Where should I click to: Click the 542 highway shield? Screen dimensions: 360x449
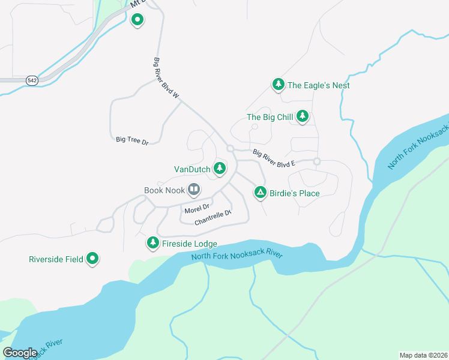coord(31,80)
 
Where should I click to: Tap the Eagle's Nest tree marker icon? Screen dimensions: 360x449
coord(278,85)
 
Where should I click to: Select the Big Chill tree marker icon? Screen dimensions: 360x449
coord(303,116)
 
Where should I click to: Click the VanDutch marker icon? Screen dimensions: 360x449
coord(220,169)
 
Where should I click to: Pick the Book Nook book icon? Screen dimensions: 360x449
coord(194,190)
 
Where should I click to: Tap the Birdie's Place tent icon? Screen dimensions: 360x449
coord(260,193)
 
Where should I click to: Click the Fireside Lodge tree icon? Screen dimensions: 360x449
coord(153,243)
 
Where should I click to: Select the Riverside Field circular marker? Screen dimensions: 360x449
coord(92,259)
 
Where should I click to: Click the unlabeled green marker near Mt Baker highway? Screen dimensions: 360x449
coord(137,20)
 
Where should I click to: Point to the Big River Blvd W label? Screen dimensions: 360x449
coord(167,79)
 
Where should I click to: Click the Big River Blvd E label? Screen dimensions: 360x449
coord(274,158)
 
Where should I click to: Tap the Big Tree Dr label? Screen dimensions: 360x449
coord(132,140)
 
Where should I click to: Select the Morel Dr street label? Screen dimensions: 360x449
coord(197,209)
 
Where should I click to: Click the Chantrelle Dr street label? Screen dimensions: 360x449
coord(212,218)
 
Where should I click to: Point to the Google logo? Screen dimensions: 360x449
coord(20,353)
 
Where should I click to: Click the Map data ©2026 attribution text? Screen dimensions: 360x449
coord(424,355)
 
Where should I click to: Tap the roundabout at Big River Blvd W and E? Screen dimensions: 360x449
coord(230,148)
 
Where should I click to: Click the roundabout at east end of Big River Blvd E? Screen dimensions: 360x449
coord(316,161)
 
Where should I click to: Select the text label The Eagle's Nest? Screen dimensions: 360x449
coord(318,85)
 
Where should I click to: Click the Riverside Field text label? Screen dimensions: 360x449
coord(56,259)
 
